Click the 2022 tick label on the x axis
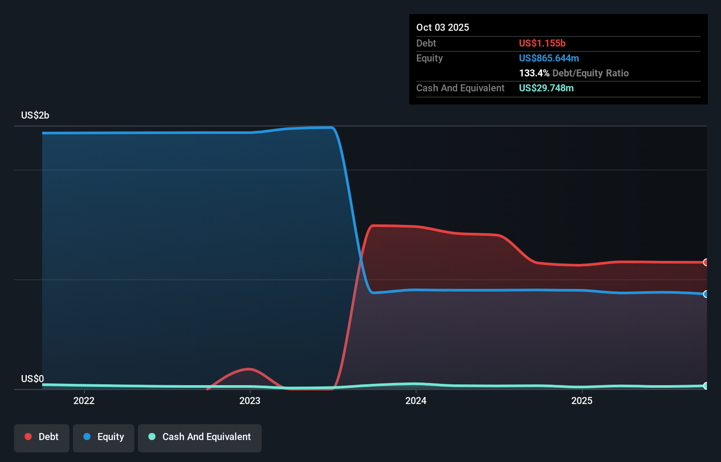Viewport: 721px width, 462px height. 84,401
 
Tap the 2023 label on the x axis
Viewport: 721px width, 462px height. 250,401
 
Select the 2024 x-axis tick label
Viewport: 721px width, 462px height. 416,401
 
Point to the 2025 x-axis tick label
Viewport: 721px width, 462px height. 582,401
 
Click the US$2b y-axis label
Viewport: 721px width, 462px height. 35,115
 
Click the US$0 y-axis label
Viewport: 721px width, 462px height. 32,379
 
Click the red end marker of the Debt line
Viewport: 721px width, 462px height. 705,262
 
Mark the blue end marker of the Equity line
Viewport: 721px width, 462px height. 705,294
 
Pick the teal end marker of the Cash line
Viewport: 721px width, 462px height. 705,386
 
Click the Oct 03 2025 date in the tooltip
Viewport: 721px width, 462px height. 443,27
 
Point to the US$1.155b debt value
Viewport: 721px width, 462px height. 542,43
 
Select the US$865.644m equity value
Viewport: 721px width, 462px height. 549,58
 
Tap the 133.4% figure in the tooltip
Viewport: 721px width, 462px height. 534,73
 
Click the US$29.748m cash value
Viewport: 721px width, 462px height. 547,88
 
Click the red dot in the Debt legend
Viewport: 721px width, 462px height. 29,437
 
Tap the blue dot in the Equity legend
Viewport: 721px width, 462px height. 87,437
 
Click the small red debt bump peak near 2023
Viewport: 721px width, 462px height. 249,369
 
